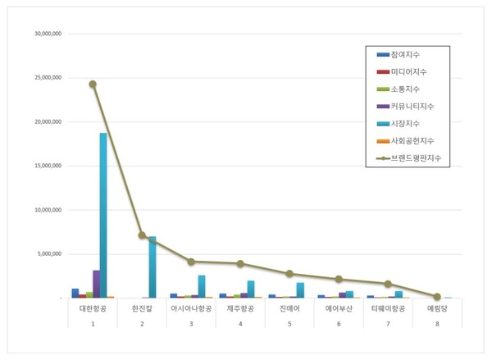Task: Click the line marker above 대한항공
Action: pyautogui.click(x=93, y=84)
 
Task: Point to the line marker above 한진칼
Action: pyautogui.click(x=142, y=235)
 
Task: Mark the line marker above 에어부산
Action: pyautogui.click(x=339, y=279)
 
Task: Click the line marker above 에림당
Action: pyautogui.click(x=437, y=296)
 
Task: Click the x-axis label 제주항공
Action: pyautogui.click(x=240, y=309)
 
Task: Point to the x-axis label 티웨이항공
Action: pyautogui.click(x=388, y=309)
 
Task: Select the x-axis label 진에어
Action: pyautogui.click(x=289, y=309)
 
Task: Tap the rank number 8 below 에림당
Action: pyautogui.click(x=437, y=325)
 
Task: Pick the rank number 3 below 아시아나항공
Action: pyautogui.click(x=191, y=325)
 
